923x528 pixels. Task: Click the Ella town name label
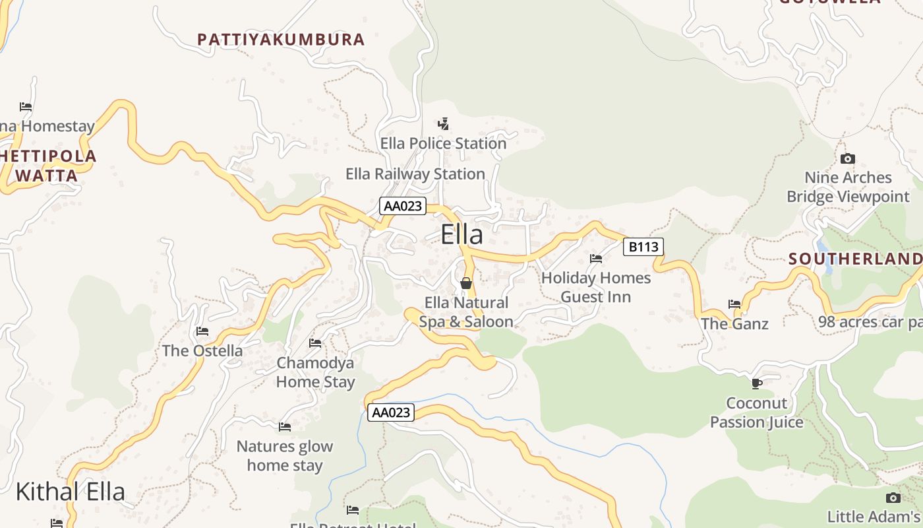461,235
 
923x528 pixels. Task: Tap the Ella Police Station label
443,143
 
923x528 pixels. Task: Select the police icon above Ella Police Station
444,123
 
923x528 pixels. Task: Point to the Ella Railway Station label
415,174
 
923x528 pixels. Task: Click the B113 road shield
643,247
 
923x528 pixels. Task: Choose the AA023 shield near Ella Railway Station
402,206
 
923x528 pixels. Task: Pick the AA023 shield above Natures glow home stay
391,412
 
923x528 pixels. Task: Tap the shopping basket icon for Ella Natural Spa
466,283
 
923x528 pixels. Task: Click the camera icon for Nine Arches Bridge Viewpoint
848,158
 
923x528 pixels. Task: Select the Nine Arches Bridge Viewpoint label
848,187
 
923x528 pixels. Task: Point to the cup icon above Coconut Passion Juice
757,383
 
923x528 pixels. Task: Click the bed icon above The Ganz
734,304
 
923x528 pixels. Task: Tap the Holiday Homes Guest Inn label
596,288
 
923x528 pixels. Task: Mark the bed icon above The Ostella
202,331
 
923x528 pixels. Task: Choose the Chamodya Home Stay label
315,372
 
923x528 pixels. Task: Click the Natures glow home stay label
285,455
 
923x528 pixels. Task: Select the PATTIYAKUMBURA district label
281,40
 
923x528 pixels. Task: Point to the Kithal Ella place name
70,492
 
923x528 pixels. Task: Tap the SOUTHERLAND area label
855,259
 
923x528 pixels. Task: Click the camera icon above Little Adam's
893,498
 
